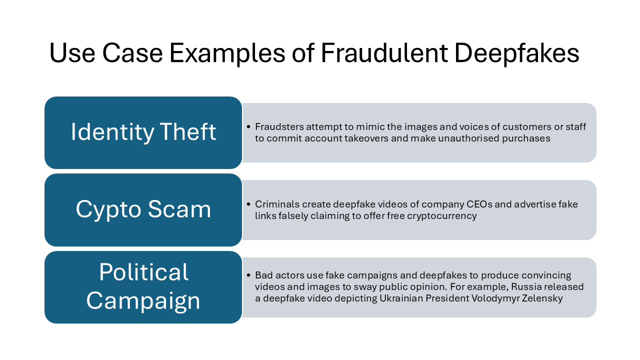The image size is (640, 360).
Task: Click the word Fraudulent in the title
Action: coord(384,53)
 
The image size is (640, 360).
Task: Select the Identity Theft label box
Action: coord(143,132)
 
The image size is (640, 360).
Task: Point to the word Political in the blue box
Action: coord(143,271)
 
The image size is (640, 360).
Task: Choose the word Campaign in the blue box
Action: coord(143,301)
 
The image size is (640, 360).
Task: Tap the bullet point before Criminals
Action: coord(248,204)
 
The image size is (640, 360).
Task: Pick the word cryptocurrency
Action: coord(441,216)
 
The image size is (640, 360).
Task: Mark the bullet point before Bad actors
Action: coord(248,275)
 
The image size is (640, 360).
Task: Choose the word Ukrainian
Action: coord(401,298)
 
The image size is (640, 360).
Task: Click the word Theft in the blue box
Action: coord(187,131)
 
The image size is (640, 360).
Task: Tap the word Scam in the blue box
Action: coord(179,209)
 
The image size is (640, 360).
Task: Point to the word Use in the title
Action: coord(72,53)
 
